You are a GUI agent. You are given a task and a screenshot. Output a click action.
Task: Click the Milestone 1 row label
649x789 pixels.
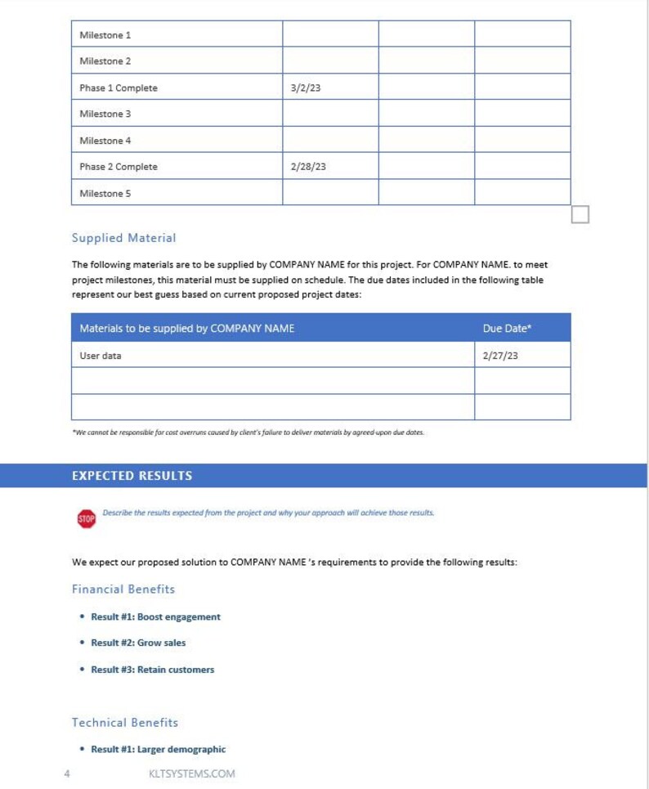(105, 35)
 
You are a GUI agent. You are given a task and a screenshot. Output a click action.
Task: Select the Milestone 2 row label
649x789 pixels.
(105, 61)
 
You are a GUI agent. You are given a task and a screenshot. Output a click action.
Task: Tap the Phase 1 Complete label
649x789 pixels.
(119, 88)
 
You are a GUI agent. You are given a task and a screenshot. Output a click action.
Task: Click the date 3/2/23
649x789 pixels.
(306, 88)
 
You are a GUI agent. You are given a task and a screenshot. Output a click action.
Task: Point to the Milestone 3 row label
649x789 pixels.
(105, 114)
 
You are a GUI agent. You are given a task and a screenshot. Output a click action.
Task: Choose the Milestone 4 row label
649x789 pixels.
(105, 141)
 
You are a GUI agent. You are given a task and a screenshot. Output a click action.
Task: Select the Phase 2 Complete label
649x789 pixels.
(119, 167)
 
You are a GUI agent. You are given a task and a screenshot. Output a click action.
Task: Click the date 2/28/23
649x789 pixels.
(308, 167)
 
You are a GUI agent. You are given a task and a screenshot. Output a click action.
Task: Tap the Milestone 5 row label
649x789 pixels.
(105, 194)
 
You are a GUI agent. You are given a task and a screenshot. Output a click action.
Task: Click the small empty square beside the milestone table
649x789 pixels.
(580, 214)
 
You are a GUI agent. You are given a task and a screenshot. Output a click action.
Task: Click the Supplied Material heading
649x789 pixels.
(123, 238)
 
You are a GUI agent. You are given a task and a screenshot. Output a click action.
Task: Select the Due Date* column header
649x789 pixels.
(507, 329)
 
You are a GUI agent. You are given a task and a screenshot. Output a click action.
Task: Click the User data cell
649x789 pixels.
(101, 356)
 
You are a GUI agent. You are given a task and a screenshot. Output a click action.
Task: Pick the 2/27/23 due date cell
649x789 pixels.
(500, 356)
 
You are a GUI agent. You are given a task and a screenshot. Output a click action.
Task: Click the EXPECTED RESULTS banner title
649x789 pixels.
(132, 476)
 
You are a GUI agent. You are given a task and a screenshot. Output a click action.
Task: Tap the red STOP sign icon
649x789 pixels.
(86, 518)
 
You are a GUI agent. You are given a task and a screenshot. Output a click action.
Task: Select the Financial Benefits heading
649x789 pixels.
(123, 589)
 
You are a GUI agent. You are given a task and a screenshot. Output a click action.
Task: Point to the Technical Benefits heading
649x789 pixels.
(124, 722)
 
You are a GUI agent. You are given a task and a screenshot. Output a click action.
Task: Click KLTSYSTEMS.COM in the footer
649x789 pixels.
(186, 773)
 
